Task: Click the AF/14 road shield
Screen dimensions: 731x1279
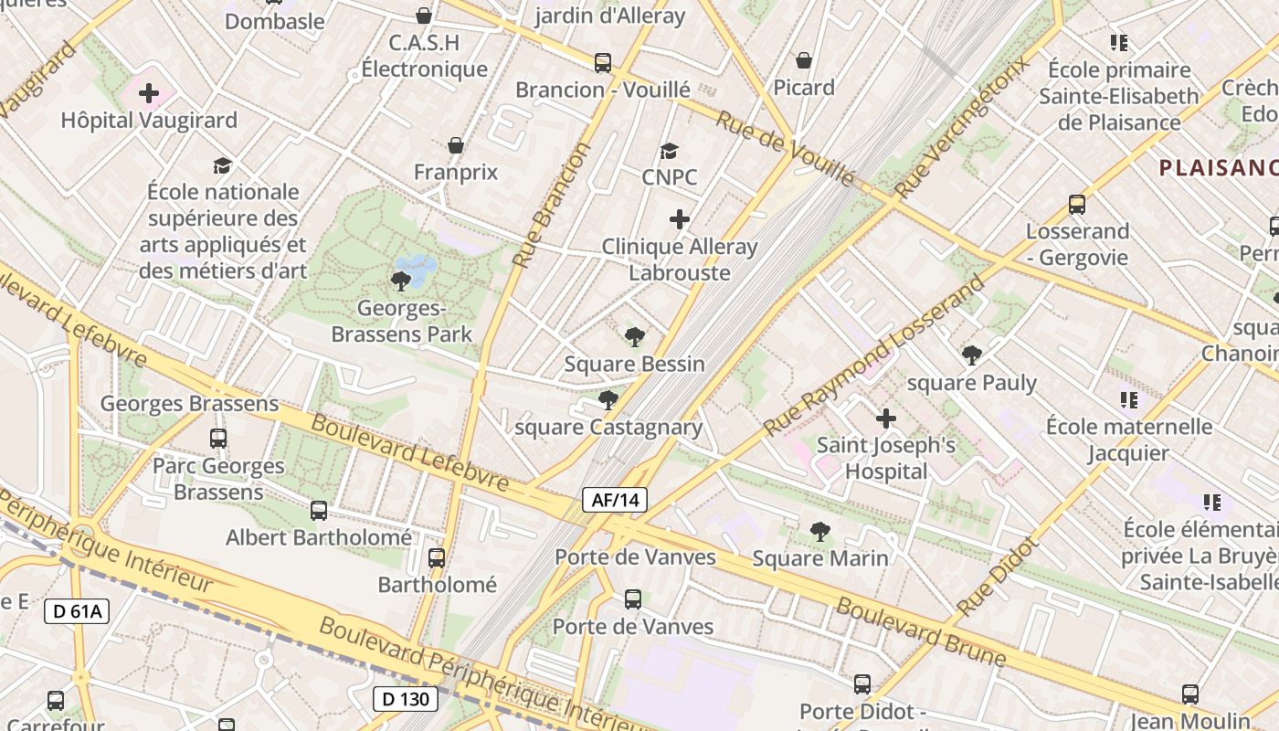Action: pos(615,500)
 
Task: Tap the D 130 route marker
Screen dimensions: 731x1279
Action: pos(406,700)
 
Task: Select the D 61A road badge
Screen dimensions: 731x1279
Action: pos(77,611)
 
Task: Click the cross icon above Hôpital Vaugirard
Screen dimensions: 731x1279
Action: pos(149,92)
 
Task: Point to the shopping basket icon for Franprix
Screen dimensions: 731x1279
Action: pos(456,145)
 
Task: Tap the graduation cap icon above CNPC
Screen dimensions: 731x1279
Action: pos(670,151)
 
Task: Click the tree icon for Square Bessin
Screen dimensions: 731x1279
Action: pos(634,337)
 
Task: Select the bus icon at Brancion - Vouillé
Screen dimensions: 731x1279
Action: pos(603,63)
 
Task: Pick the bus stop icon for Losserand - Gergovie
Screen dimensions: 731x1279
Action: pos(1077,205)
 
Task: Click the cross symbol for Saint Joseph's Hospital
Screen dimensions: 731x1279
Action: pos(885,419)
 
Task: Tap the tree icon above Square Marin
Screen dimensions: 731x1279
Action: pos(819,531)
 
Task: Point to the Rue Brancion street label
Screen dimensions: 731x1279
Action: pos(552,205)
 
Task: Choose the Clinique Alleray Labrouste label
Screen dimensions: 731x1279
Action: pos(680,260)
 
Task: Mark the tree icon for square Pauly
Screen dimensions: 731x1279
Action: pos(972,355)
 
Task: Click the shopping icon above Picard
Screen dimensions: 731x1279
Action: pos(804,60)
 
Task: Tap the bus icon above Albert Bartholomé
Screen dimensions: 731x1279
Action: pos(319,511)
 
